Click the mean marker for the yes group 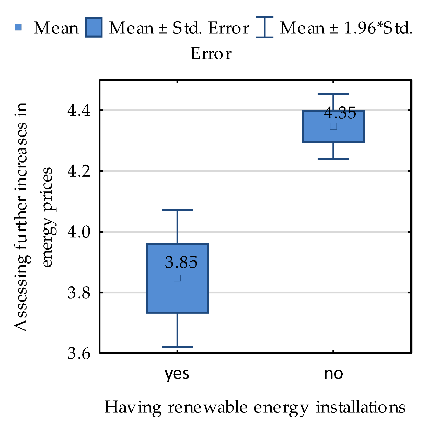(x=177, y=278)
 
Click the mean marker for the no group (x=333, y=126)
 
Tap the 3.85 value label (x=181, y=262)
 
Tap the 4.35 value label (x=340, y=113)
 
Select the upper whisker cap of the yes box (x=177, y=210)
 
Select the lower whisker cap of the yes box (x=177, y=347)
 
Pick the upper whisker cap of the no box (x=333, y=94)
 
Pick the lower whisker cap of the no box (x=333, y=159)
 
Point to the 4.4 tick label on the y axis (x=79, y=111)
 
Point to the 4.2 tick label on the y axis (x=79, y=171)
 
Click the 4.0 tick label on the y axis (x=79, y=232)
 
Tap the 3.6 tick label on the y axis (x=79, y=353)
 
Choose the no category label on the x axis (x=333, y=374)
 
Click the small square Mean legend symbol (x=18, y=27)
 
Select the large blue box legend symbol (x=94, y=27)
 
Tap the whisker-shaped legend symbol (x=265, y=27)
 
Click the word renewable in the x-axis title (x=208, y=407)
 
